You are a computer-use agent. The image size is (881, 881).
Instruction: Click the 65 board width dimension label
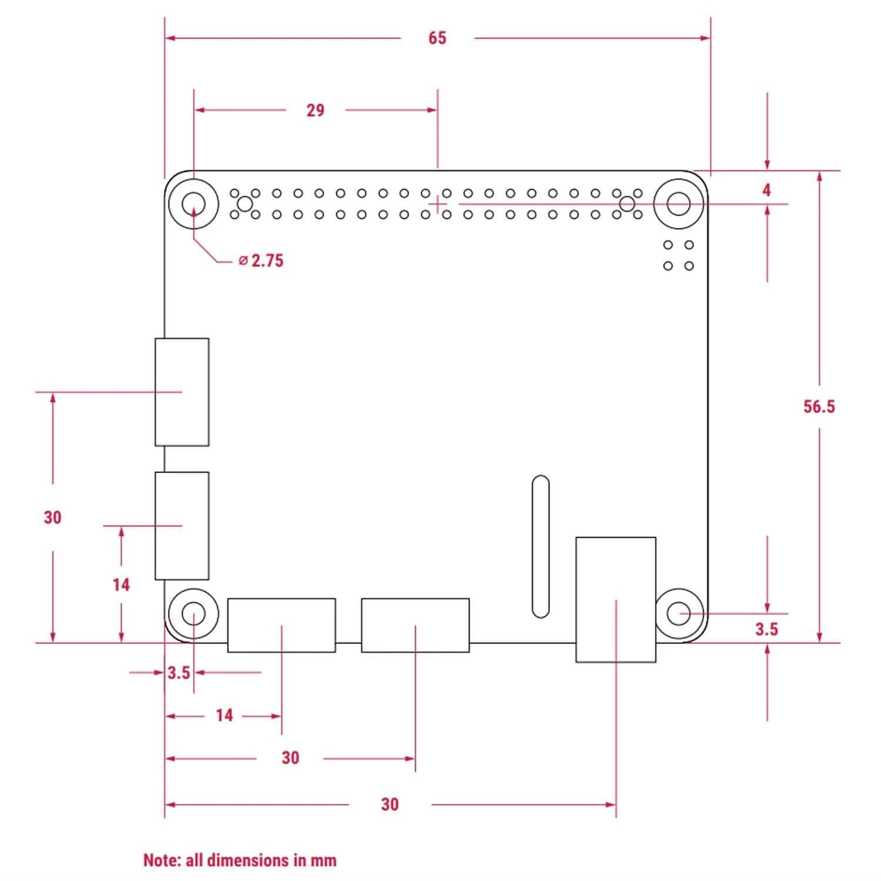(437, 38)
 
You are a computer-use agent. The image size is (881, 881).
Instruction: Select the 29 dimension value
(315, 110)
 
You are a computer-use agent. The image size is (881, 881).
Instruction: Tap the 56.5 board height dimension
(819, 406)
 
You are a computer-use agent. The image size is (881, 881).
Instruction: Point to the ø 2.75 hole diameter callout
(261, 261)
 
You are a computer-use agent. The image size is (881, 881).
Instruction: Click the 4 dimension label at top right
(766, 190)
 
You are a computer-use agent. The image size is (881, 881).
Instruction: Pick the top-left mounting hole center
(193, 204)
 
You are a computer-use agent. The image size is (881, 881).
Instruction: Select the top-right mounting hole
(679, 204)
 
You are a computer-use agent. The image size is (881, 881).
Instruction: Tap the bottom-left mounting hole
(193, 614)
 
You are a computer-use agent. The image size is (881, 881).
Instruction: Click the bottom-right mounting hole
(679, 614)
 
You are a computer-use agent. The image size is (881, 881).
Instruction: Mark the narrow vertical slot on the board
(540, 547)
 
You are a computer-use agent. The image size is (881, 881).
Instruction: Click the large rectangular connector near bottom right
(616, 600)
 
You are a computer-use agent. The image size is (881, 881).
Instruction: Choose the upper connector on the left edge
(182, 392)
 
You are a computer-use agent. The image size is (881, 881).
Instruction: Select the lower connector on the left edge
(182, 526)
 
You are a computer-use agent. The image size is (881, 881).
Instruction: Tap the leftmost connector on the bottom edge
(281, 625)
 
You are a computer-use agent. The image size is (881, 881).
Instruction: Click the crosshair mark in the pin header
(438, 204)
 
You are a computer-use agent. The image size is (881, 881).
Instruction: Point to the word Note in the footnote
(162, 861)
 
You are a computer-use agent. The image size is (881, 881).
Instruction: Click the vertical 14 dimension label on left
(121, 585)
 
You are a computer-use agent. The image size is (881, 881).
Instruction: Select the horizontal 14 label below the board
(224, 715)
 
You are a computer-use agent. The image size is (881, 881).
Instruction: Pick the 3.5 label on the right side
(766, 630)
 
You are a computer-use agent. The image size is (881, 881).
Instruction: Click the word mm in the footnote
(323, 861)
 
